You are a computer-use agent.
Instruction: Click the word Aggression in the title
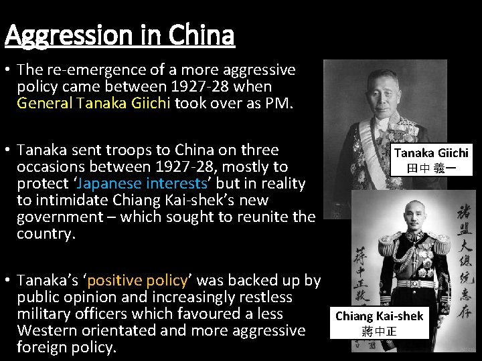(60, 35)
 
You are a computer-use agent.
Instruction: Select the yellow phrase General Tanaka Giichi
(94, 104)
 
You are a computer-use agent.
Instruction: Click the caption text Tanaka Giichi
(431, 153)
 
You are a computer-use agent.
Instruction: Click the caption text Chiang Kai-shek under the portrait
(379, 316)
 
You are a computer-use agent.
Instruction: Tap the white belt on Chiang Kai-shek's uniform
(410, 283)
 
